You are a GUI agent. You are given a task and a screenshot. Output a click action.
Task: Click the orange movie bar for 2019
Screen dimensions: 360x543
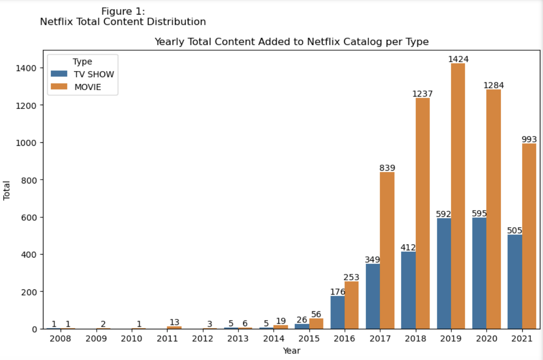coord(458,196)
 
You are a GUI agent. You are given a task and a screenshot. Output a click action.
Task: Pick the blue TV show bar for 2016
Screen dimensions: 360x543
coord(337,312)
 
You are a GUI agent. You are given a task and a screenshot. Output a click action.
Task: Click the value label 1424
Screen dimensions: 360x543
coord(458,59)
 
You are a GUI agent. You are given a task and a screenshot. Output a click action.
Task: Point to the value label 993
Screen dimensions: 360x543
coord(529,139)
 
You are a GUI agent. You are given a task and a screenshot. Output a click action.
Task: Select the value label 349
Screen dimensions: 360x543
coord(372,259)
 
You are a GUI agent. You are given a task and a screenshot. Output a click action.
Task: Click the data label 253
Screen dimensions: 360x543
coord(351,277)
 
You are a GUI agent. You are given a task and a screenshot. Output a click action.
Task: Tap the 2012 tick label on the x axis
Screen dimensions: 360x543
coord(202,339)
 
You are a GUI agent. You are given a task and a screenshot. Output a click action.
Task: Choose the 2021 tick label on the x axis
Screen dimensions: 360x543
coord(521,339)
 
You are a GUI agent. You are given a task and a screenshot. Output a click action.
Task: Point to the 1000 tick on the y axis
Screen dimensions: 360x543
coord(26,143)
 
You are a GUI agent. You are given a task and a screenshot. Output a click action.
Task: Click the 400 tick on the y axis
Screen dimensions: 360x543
coord(29,254)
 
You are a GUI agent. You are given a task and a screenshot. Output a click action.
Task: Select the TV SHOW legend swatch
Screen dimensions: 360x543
coord(59,74)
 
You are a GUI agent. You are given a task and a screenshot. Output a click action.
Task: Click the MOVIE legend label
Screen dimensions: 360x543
coord(88,87)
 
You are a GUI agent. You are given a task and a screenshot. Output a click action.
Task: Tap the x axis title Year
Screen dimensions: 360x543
coord(291,351)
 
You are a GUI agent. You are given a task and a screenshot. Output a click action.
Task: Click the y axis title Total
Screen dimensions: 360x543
coord(7,190)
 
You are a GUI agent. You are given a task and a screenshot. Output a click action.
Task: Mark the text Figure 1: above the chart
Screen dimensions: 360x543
coord(123,12)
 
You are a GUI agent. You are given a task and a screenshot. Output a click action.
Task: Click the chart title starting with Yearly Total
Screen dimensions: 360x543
coord(291,41)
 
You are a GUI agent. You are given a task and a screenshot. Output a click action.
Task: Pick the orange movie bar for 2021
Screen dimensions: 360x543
coord(529,236)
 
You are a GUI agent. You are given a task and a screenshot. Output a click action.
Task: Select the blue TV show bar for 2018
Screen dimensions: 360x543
coord(408,290)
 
